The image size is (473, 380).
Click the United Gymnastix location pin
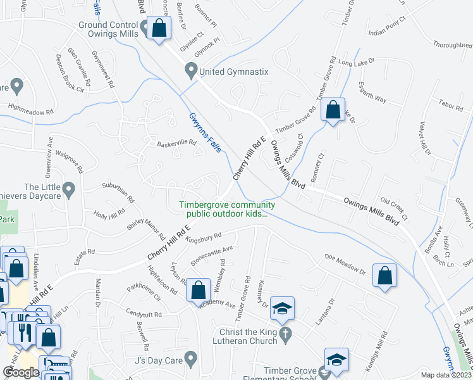[x=190, y=70]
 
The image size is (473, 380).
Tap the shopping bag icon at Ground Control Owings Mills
[x=159, y=28]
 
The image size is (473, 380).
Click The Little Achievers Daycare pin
[x=69, y=188]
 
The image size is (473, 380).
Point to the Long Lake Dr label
[x=357, y=62]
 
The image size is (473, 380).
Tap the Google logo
[x=21, y=372]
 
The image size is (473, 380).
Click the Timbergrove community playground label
[x=227, y=209]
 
